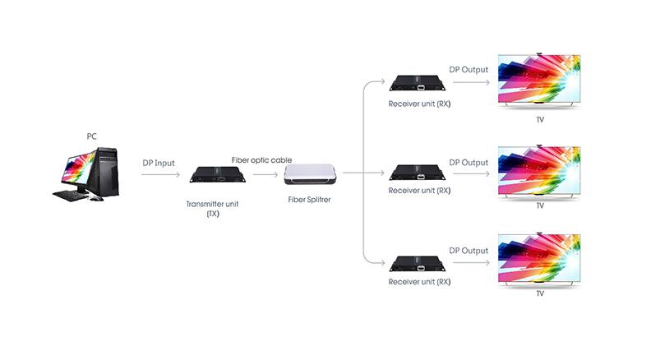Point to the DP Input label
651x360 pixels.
159,163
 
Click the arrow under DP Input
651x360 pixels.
159,174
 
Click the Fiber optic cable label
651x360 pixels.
261,159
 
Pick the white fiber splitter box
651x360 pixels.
311,174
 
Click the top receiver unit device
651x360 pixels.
417,82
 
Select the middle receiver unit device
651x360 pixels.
417,172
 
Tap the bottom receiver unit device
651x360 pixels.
417,264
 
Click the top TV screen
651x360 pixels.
539,80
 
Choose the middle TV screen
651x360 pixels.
539,170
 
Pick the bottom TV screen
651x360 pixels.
539,261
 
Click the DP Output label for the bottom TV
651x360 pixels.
469,251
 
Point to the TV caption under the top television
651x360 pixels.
540,119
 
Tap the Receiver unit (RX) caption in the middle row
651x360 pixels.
419,191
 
